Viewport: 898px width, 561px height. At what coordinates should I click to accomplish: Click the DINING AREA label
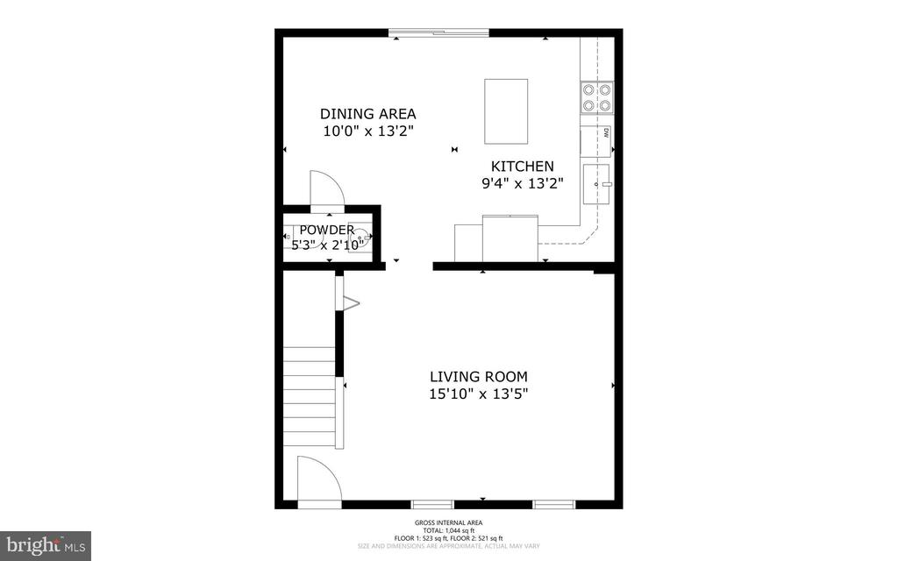pos(367,114)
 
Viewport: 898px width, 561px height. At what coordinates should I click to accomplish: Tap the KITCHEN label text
pos(522,167)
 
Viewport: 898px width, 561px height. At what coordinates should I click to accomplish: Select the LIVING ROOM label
pos(477,377)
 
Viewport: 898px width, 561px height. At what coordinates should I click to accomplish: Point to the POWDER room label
pos(326,230)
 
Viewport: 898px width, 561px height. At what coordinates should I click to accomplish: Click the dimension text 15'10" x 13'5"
pos(477,394)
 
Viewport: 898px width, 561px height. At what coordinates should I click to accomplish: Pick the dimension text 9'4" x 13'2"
pos(522,183)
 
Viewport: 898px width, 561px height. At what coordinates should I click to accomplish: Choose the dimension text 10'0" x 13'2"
pos(367,131)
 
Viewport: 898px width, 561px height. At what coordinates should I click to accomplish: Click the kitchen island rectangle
pos(506,111)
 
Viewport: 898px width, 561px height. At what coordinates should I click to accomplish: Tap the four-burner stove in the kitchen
pos(595,97)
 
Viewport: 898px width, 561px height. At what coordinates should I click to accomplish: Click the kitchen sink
pos(597,184)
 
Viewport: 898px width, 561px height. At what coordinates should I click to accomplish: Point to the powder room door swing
pos(328,188)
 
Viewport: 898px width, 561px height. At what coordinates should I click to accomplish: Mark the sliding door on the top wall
pos(439,33)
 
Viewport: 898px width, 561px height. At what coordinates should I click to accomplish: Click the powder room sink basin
pos(361,237)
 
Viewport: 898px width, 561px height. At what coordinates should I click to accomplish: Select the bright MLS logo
pos(46,545)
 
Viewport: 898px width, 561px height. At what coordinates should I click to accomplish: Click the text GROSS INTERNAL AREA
pos(448,522)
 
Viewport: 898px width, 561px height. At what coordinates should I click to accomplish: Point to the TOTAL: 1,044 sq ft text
pos(448,529)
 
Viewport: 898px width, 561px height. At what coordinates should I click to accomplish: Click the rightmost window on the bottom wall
pos(553,505)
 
